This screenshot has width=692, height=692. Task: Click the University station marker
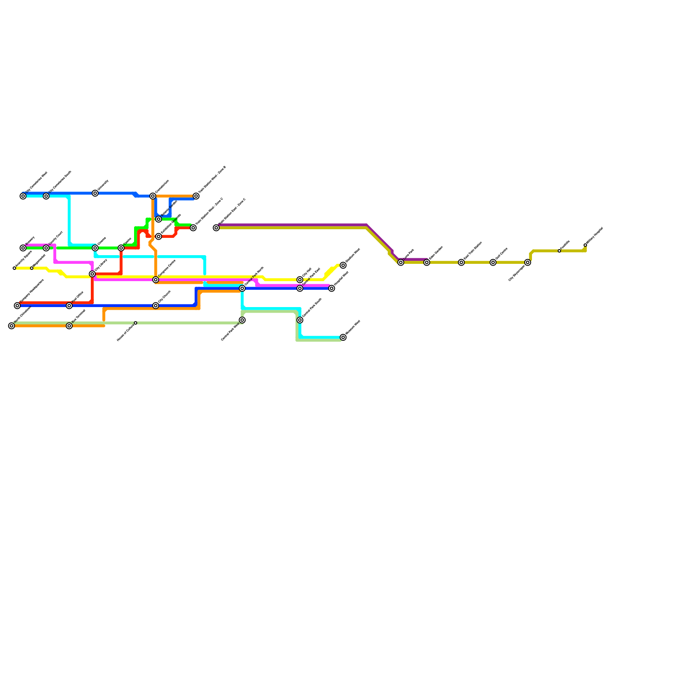pos(95,193)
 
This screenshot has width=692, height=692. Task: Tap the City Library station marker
pos(92,274)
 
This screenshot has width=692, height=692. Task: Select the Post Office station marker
pos(69,306)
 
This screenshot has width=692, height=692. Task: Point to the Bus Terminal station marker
pos(69,326)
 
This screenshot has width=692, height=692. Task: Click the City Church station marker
pos(156,306)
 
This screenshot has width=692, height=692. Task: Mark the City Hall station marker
pos(300,280)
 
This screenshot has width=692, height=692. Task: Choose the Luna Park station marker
pos(401,263)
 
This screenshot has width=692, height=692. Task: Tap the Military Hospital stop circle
pos(585,245)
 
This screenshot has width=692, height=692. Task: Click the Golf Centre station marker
pos(493,263)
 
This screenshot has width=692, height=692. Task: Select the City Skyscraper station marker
pos(528,263)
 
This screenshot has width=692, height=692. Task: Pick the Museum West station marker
pos(343,337)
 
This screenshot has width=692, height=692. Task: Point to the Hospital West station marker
pos(332,288)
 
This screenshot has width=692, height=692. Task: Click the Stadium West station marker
pos(343,265)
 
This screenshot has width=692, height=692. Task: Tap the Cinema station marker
pos(95,248)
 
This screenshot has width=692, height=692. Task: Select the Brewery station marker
pos(23,248)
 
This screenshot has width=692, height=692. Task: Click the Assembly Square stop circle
pos(14,268)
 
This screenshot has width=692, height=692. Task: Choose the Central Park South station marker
pos(300,320)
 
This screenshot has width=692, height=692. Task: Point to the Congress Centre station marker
pos(156,280)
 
